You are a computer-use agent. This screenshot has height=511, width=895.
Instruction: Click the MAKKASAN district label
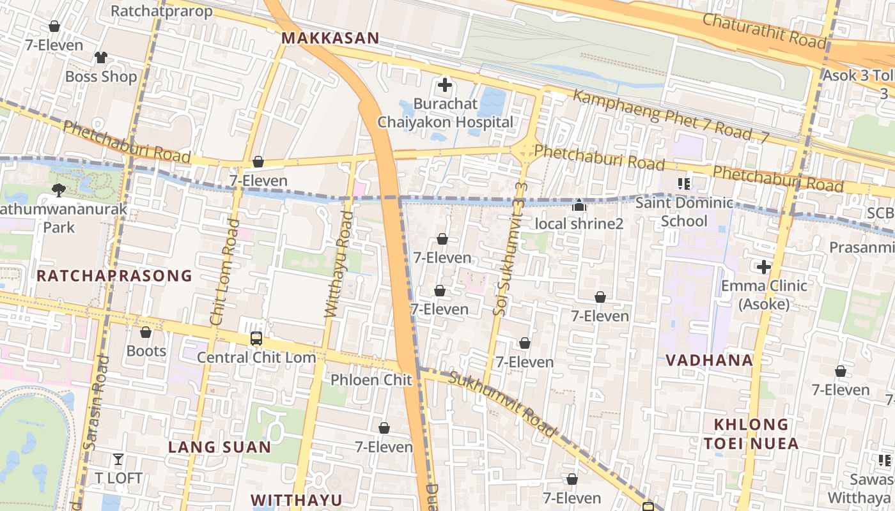(330, 38)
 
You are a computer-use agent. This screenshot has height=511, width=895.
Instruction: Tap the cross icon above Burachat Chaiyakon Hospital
(445, 84)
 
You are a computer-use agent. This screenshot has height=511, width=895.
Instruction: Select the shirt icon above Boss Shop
(100, 57)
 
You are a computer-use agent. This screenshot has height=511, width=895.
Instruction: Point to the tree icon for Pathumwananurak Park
(59, 189)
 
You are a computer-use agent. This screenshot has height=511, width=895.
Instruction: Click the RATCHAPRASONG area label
(114, 276)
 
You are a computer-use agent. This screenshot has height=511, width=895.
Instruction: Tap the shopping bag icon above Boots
(146, 332)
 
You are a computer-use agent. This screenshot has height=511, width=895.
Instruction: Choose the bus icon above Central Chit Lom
(256, 339)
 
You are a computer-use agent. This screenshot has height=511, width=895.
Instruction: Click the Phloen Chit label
(371, 380)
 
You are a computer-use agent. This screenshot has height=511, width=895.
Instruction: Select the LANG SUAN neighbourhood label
(219, 447)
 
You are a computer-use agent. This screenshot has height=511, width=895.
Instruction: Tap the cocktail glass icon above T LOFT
(118, 459)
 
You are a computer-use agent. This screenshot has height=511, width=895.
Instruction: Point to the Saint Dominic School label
(684, 212)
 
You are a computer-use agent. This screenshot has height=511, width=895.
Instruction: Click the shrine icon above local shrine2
(579, 205)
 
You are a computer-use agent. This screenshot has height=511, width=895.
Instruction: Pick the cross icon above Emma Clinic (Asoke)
(764, 266)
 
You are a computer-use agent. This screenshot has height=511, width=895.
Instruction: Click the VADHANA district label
(709, 360)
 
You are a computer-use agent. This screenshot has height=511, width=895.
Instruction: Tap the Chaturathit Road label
(765, 30)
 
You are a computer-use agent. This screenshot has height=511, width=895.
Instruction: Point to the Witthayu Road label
(339, 264)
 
